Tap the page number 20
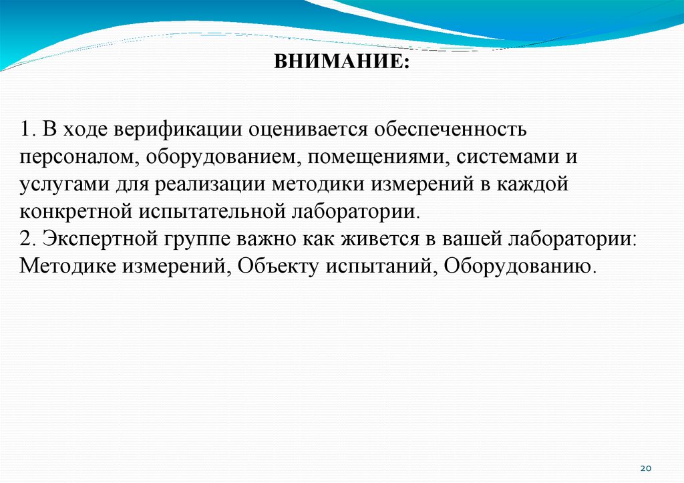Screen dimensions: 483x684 click(x=645, y=468)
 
